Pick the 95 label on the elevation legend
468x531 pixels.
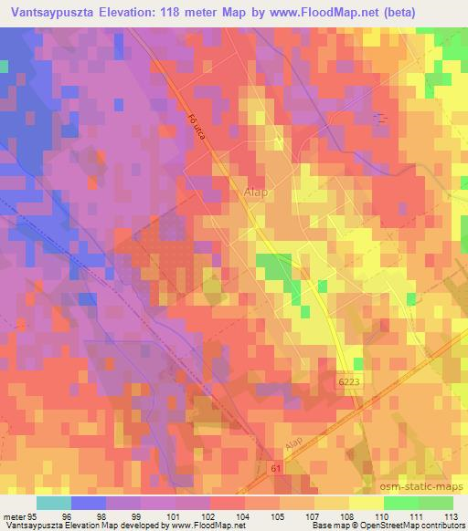point(33,515)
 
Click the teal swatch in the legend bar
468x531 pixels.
point(54,503)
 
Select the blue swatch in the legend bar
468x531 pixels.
point(87,503)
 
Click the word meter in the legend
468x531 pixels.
point(14,515)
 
